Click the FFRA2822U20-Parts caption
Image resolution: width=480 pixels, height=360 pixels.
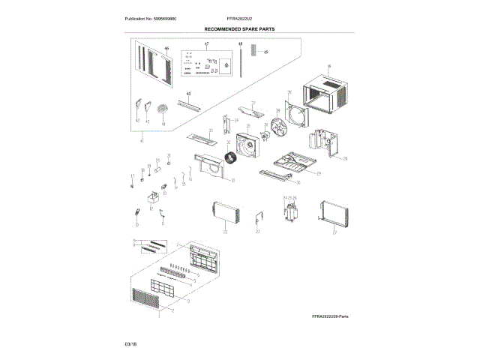330,317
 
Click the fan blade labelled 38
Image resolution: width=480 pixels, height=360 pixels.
282,124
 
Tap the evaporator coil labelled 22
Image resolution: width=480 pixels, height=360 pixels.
226,214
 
